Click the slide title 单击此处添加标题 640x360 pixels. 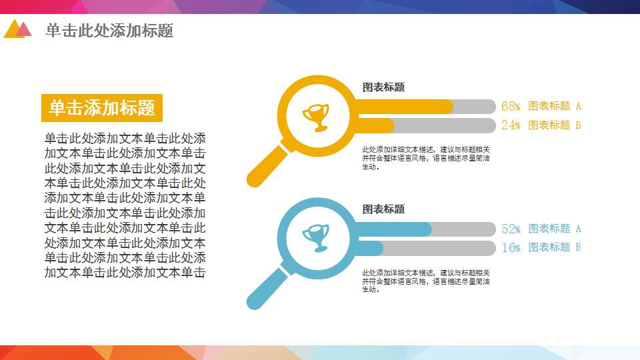click(109, 31)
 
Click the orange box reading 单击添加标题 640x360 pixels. click(102, 107)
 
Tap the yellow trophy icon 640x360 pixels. click(316, 117)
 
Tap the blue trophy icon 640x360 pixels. click(316, 237)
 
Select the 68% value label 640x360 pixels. click(511, 106)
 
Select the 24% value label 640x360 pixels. click(511, 125)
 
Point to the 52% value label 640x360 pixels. click(511, 229)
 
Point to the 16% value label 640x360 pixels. click(511, 247)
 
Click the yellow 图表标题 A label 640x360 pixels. click(555, 106)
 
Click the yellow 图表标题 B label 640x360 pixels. click(555, 125)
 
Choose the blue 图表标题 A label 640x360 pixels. click(555, 229)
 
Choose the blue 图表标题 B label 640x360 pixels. click(555, 247)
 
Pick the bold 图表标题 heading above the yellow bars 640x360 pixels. click(383, 87)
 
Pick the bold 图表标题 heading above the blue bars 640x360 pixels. click(383, 209)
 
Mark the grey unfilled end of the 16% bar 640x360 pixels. click(440, 248)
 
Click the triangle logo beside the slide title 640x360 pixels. click(17, 29)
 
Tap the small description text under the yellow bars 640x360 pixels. click(426, 158)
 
